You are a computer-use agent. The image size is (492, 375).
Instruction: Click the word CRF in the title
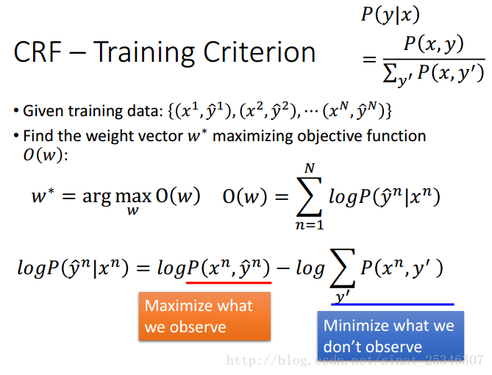[38, 51]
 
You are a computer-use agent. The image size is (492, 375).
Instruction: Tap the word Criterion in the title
[259, 51]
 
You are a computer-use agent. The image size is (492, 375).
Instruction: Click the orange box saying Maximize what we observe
[204, 316]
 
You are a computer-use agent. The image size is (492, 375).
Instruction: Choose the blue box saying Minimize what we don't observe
[391, 335]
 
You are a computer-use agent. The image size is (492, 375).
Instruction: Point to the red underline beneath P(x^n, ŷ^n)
[229, 283]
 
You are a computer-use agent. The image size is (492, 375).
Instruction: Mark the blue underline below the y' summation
[393, 304]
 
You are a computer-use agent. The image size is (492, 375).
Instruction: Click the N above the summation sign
[310, 168]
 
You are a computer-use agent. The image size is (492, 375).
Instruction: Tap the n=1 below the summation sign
[310, 225]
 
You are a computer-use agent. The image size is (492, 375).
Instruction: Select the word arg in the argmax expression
[96, 198]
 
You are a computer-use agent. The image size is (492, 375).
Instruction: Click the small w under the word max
[132, 210]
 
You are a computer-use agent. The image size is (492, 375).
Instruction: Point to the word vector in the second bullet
[162, 136]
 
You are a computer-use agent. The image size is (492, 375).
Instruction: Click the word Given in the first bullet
[43, 111]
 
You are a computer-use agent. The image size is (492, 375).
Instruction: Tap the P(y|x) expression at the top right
[391, 15]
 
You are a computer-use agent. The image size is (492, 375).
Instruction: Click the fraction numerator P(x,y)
[434, 44]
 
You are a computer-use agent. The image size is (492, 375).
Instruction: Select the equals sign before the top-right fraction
[369, 59]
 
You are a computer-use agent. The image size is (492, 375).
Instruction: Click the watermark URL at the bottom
[355, 360]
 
